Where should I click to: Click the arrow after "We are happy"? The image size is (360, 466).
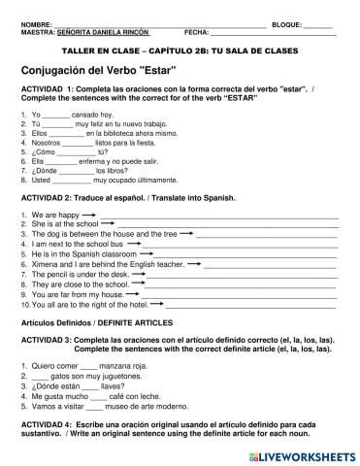point(90,215)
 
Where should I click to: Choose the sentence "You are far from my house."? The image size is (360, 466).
point(69,294)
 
